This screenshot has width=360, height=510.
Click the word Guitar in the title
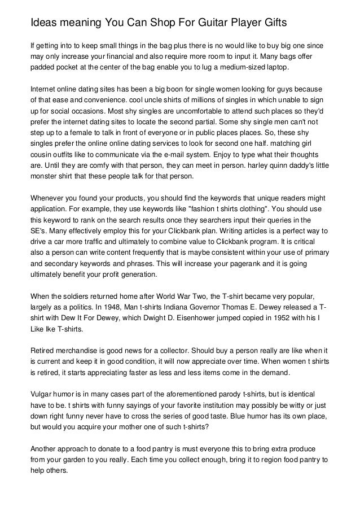pos(187,23)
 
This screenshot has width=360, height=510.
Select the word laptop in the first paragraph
pos(275,68)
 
